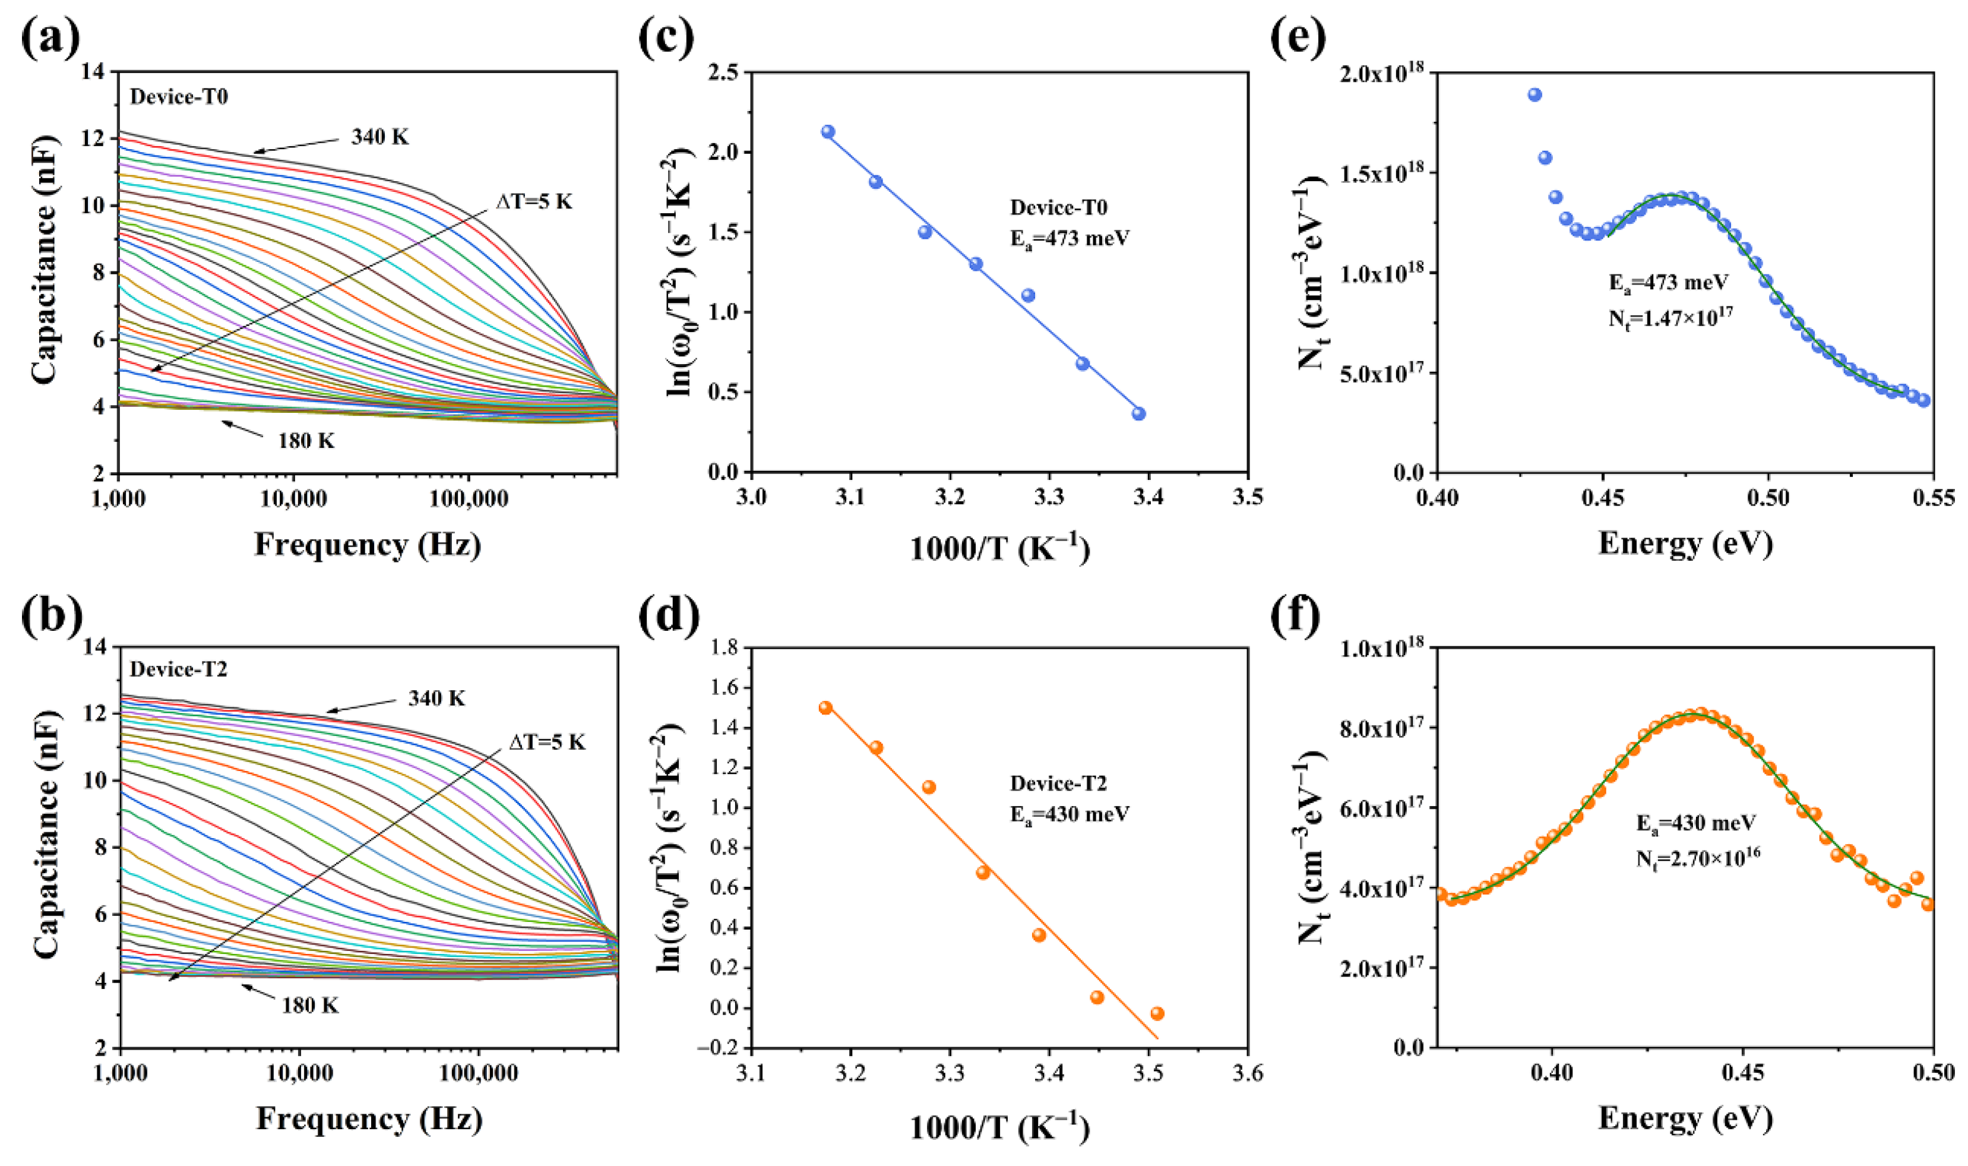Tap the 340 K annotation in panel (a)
click(x=380, y=137)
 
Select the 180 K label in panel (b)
click(x=310, y=1005)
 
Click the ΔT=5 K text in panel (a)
click(x=534, y=202)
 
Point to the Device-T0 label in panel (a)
click(x=179, y=97)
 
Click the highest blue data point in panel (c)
click(x=828, y=132)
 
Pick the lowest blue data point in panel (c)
click(x=1139, y=413)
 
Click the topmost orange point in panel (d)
click(x=825, y=707)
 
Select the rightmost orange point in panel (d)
click(x=1157, y=1013)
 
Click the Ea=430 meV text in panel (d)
click(x=1069, y=813)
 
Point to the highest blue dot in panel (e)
click(x=1534, y=95)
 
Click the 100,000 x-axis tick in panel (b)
click(x=478, y=1073)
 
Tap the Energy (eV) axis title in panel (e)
click(x=1685, y=543)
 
